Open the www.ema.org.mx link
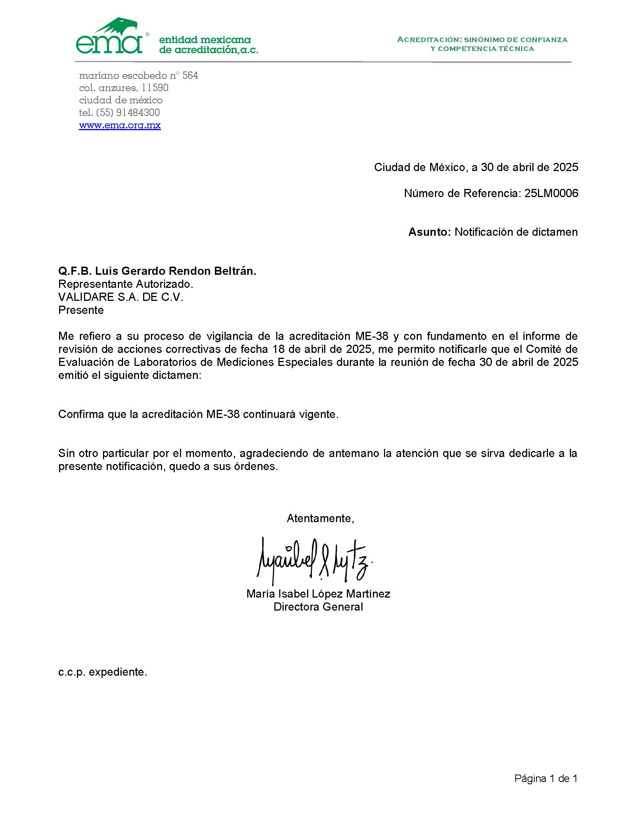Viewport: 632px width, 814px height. (120, 125)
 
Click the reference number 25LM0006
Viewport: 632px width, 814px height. (551, 193)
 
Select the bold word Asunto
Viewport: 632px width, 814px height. (429, 232)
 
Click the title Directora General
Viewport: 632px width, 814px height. (318, 607)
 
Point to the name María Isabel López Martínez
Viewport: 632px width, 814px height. (318, 594)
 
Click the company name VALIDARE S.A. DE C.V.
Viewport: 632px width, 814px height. (121, 297)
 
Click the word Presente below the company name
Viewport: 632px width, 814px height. (81, 310)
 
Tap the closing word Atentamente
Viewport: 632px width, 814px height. (320, 518)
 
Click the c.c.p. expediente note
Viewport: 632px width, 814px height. (103, 672)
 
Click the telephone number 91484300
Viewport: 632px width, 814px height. (138, 113)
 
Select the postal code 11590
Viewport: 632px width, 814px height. (155, 88)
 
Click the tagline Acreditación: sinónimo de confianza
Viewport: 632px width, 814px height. (482, 40)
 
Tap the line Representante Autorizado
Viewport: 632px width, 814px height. (126, 284)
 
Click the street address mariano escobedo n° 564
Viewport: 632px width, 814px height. (139, 75)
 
